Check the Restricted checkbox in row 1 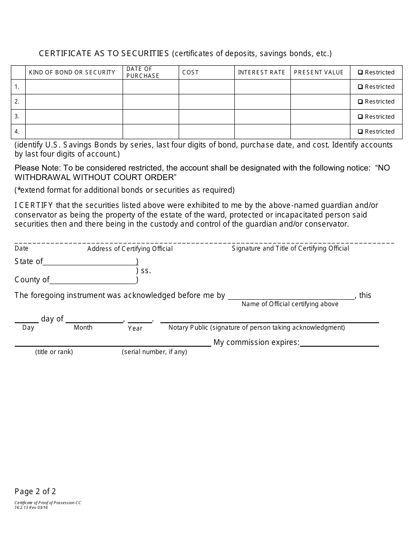click(360, 87)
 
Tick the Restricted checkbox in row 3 click(360, 117)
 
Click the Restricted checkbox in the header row click(360, 73)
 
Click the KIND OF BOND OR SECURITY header click(72, 73)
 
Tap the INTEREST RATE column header click(261, 73)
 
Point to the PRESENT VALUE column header click(319, 73)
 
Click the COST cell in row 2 click(206, 102)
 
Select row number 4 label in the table click(17, 131)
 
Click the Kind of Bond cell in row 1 click(74, 87)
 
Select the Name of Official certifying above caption click(290, 304)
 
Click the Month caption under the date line click(83, 328)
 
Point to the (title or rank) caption click(54, 352)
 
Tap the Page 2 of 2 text click(35, 492)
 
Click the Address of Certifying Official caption click(130, 249)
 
